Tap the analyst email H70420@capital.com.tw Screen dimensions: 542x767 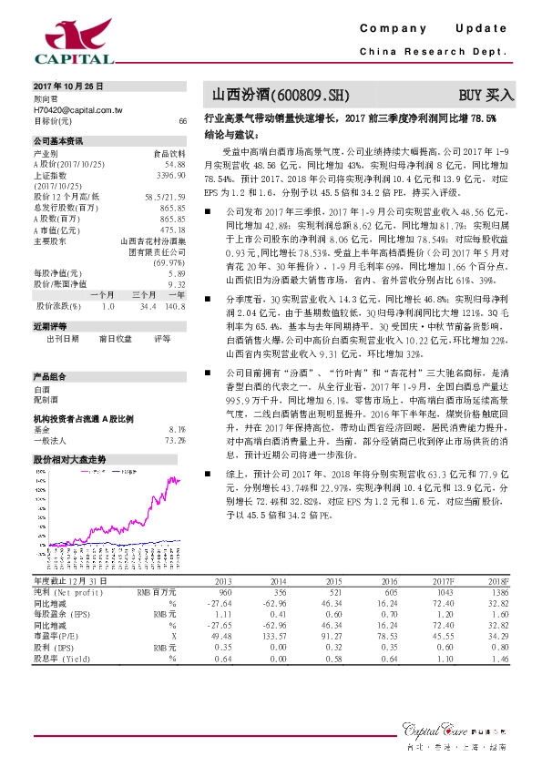[78, 109]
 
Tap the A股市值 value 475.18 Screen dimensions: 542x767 [173, 230]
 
